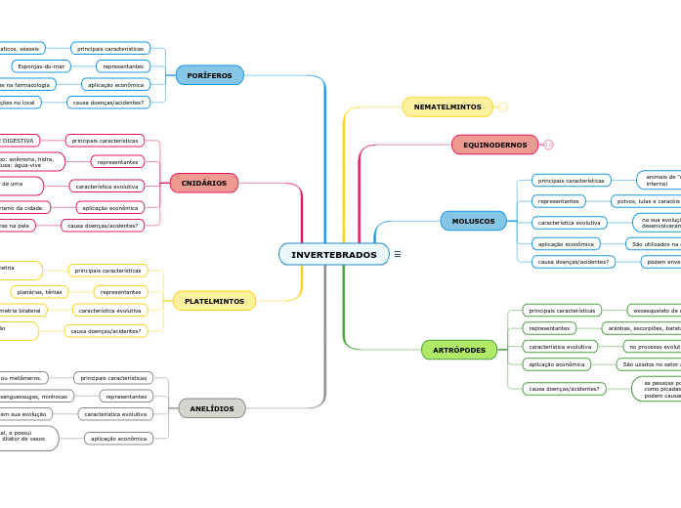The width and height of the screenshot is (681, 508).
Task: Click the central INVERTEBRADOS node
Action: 334,255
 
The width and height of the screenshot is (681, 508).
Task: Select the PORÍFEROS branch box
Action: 209,75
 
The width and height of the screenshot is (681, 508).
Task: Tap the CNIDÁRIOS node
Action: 203,183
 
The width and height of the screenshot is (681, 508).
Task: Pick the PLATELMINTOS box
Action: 214,301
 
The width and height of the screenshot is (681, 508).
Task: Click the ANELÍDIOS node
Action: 212,408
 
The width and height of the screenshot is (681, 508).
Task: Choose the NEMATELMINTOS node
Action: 447,106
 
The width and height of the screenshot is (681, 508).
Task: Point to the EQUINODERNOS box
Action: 494,145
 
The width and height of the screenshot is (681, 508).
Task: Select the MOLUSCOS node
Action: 473,221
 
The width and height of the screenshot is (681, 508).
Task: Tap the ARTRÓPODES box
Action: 459,350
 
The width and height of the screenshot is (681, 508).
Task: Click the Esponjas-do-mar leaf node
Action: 41,66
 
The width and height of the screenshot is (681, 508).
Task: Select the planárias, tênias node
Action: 40,292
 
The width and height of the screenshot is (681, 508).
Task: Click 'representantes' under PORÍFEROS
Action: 123,66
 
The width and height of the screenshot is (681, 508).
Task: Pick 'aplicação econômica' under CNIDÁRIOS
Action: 110,208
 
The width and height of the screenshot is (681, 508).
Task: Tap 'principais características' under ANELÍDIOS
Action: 113,378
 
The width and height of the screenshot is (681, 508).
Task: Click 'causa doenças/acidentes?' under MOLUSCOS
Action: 574,262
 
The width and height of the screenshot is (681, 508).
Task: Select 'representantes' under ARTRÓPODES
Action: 549,328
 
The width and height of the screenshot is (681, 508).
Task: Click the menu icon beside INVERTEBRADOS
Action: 398,255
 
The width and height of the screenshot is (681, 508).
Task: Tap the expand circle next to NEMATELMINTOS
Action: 503,106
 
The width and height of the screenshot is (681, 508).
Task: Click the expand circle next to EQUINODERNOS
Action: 548,145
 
